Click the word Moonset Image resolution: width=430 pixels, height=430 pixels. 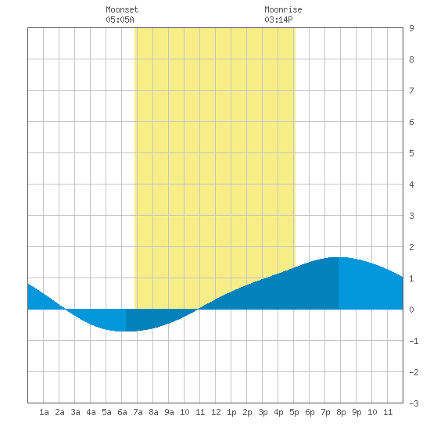(122, 9)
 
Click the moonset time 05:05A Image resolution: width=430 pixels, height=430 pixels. (120, 20)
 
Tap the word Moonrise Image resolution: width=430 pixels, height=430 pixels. (283, 9)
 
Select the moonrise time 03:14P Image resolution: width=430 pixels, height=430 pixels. (278, 20)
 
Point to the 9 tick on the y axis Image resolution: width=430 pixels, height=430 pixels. (411, 28)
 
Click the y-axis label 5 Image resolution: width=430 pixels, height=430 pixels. (411, 153)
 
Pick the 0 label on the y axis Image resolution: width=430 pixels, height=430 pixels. (411, 310)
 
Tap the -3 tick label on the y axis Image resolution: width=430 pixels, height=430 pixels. (414, 403)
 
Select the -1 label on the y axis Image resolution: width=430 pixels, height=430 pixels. (414, 341)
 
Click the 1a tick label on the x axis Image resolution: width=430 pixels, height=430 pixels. (44, 412)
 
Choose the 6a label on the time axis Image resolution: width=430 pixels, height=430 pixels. (122, 412)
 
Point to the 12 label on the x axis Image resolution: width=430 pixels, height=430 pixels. (216, 412)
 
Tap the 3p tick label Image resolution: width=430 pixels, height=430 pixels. (263, 412)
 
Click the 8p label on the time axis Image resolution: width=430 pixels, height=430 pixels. (341, 412)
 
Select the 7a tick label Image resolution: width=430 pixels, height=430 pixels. (138, 412)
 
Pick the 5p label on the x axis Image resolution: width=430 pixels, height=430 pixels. (294, 412)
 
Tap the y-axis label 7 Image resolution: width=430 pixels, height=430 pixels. (411, 91)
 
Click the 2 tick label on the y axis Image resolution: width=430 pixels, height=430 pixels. (411, 247)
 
